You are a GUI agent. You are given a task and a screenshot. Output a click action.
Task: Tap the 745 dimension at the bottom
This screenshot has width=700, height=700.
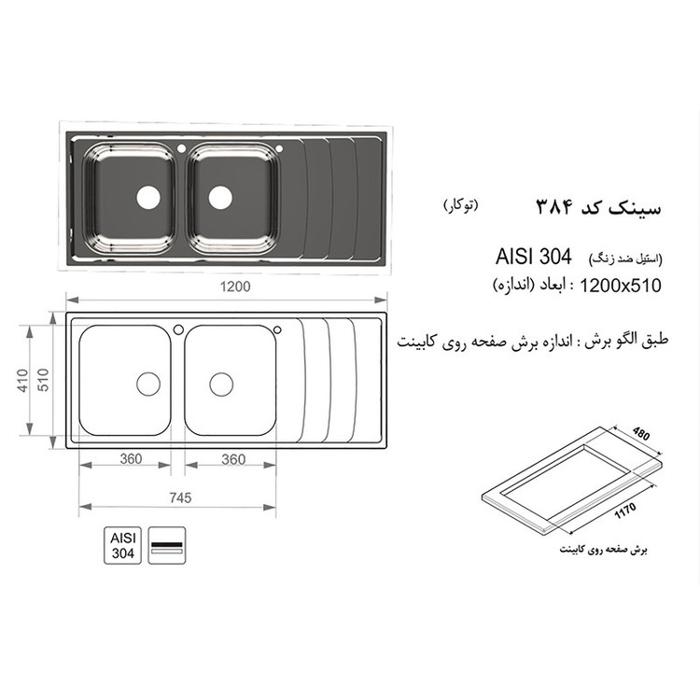(179, 497)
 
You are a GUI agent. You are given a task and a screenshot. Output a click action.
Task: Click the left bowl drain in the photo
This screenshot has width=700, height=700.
(148, 196)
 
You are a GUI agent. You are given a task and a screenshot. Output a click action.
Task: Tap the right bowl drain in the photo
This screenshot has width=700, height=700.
(220, 196)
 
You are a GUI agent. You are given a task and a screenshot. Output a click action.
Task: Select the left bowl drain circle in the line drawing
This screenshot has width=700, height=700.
(149, 383)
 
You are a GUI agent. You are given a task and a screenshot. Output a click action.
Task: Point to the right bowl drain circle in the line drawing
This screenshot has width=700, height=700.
(221, 383)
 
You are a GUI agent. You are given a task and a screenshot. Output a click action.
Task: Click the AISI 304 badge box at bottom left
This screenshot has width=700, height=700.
(123, 545)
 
